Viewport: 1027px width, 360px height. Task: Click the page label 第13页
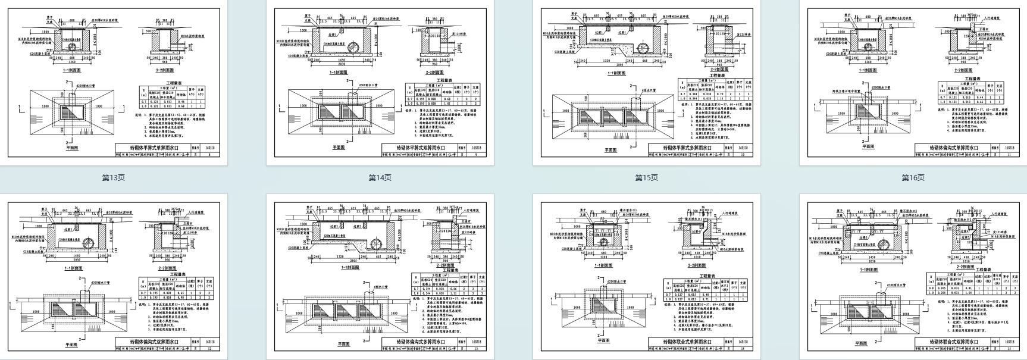pos(113,177)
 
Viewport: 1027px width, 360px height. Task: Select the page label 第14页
pos(380,177)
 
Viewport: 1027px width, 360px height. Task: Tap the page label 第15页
pos(646,177)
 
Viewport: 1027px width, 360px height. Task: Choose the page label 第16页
pos(913,177)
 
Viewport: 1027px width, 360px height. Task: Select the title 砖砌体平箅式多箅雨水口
pos(687,148)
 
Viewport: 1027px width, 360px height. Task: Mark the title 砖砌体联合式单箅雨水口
pos(687,342)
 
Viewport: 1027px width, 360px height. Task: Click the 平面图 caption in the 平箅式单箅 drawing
pos(72,147)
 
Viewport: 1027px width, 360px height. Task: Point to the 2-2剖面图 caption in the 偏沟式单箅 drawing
pos(963,70)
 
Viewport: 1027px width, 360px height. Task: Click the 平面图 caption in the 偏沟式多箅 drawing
pos(344,344)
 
